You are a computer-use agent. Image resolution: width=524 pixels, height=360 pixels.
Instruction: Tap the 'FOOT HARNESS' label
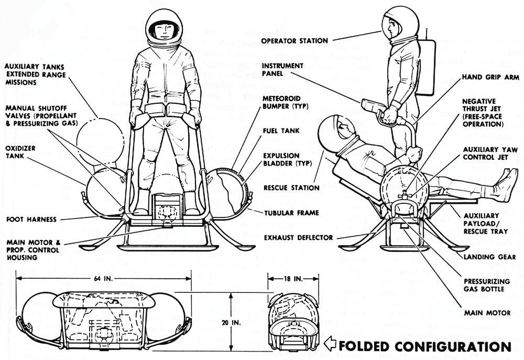tap(31, 219)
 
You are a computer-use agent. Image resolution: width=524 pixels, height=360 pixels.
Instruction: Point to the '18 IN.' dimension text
tap(291, 277)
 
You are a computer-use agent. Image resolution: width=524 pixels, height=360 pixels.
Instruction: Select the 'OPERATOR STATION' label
tap(294, 40)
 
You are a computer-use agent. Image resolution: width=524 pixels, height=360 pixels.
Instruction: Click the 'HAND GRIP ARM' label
tap(490, 77)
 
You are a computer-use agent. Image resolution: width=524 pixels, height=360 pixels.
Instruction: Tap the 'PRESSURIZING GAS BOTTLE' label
tap(486, 285)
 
